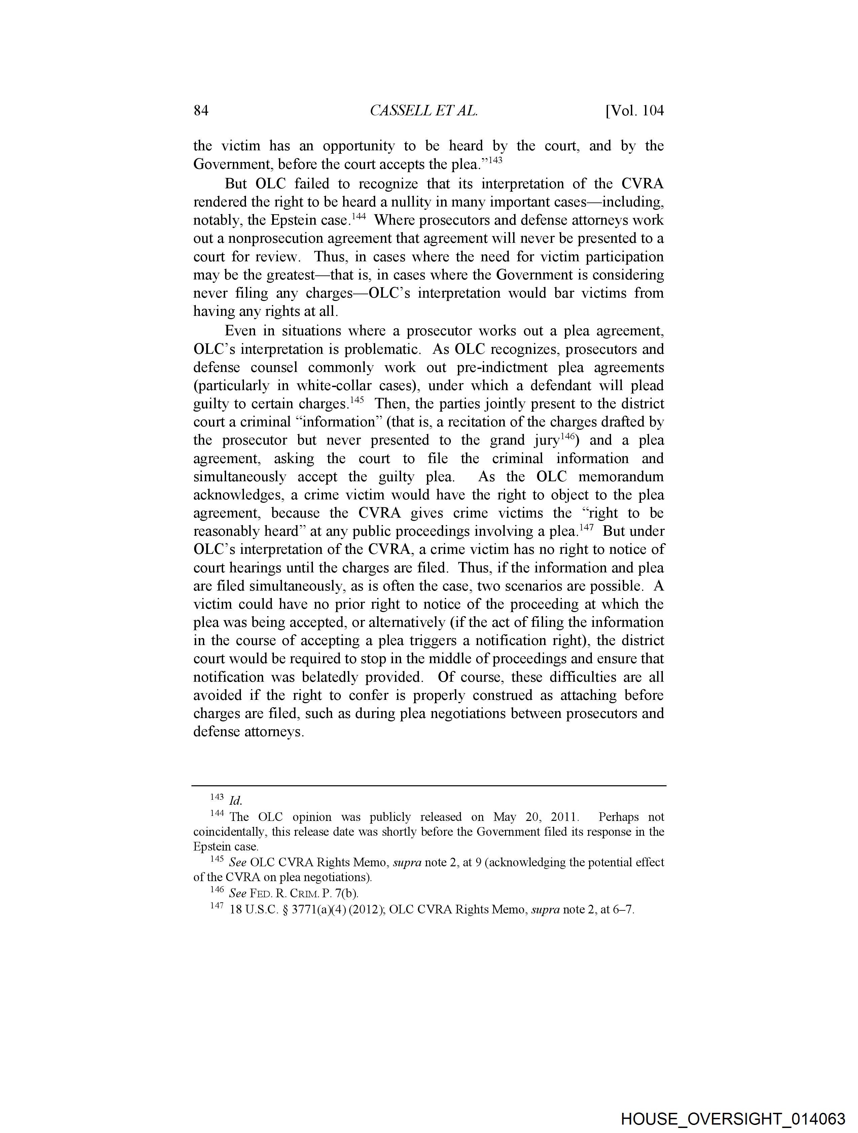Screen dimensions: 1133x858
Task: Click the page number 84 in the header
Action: pos(201,111)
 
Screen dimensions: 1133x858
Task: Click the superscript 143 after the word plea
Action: pos(495,160)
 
